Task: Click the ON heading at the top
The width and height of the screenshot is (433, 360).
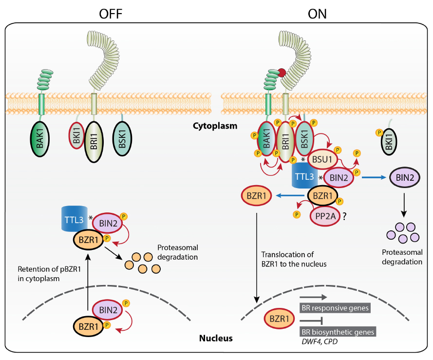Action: [317, 14]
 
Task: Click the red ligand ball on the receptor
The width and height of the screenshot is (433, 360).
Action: [281, 74]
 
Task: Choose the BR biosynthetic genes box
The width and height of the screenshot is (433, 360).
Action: [335, 331]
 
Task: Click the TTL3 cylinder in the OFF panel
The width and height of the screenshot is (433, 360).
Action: [75, 218]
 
